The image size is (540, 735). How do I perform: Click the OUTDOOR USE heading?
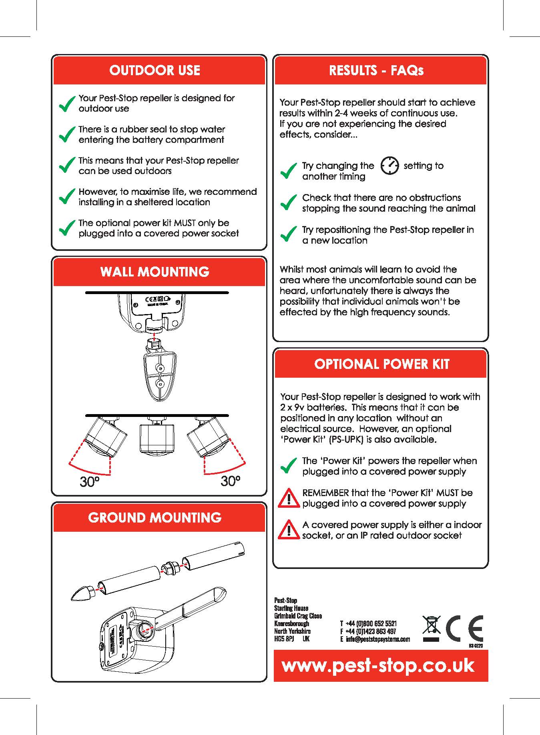155,70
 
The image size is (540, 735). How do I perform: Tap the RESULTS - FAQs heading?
376,70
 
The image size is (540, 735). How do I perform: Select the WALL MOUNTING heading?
155,272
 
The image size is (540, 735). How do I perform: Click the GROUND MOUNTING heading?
155,518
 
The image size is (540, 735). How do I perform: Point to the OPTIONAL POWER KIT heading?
381,364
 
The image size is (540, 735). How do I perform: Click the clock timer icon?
389,166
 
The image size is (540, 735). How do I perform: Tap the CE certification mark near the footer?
464,629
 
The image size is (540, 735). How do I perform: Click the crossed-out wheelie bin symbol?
432,627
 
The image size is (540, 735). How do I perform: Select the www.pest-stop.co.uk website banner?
378,665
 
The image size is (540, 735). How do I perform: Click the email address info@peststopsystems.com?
378,639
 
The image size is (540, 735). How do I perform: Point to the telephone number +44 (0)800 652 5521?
371,623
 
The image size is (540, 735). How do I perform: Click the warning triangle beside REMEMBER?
289,498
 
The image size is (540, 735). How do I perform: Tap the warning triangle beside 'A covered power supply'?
289,530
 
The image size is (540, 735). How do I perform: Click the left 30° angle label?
89,482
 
